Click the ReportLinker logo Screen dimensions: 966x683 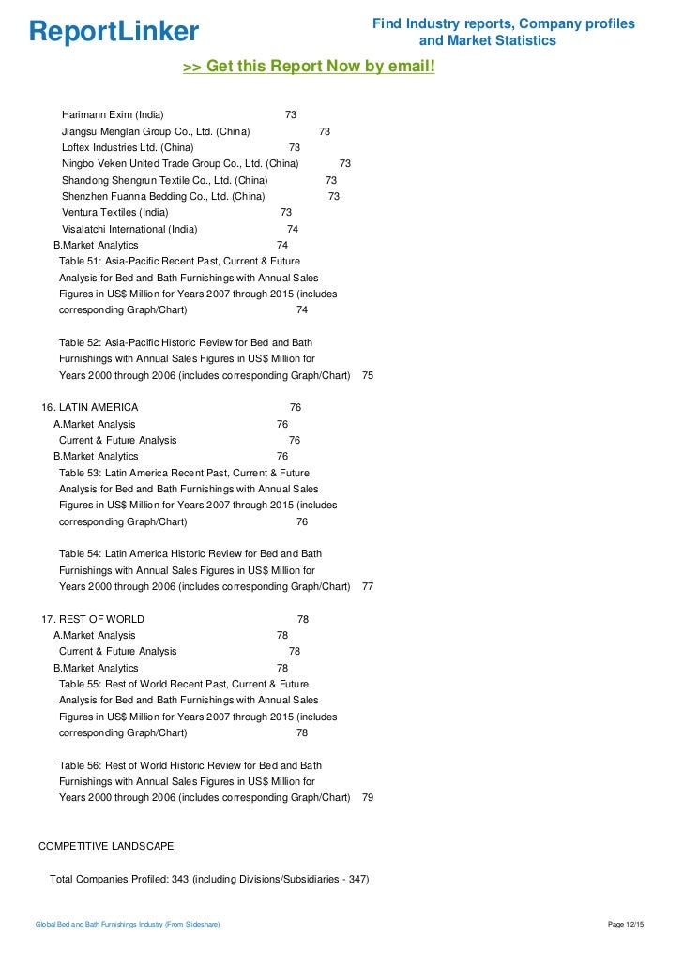pyautogui.click(x=114, y=32)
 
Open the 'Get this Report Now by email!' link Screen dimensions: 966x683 pyautogui.click(x=309, y=67)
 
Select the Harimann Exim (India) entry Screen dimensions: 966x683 pyautogui.click(x=113, y=114)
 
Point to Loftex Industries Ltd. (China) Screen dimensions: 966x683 pyautogui.click(x=128, y=147)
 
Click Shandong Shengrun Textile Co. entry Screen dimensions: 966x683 pyautogui.click(x=164, y=180)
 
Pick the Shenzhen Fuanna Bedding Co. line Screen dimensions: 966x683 pyautogui.click(x=163, y=196)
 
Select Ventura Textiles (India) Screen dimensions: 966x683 pyautogui.click(x=115, y=212)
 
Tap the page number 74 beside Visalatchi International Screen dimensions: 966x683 pyautogui.click(x=293, y=229)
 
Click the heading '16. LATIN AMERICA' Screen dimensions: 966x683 pyautogui.click(x=90, y=408)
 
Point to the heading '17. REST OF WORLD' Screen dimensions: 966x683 pyautogui.click(x=93, y=619)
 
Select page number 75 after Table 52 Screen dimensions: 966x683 pyautogui.click(x=368, y=375)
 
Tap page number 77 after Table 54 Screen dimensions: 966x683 pyautogui.click(x=368, y=586)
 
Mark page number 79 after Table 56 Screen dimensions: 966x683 pyautogui.click(x=368, y=797)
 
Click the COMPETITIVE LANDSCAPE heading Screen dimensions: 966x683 pyautogui.click(x=105, y=846)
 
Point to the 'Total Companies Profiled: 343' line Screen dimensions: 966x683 pyautogui.click(x=209, y=879)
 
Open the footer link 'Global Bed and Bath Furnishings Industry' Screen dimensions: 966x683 pyautogui.click(x=128, y=926)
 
